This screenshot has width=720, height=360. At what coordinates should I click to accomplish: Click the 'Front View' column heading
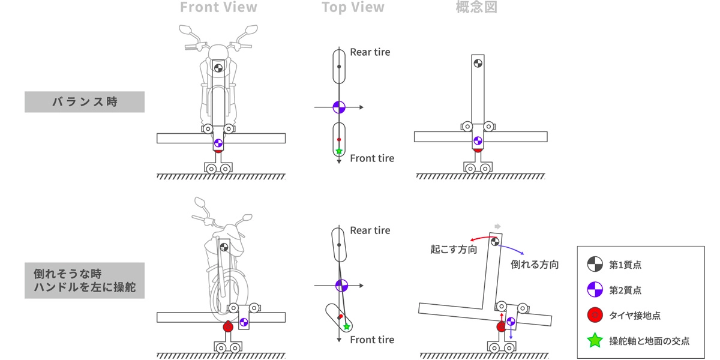tap(218, 8)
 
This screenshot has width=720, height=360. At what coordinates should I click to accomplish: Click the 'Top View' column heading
tap(353, 8)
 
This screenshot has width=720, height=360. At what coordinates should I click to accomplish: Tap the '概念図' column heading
tap(476, 8)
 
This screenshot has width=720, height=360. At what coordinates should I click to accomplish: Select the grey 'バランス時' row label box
tap(85, 101)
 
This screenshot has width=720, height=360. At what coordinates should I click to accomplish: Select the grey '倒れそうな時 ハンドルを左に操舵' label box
tap(85, 280)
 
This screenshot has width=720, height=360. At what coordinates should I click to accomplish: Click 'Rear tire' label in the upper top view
tap(370, 52)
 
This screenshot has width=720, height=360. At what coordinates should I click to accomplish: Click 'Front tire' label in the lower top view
tap(372, 340)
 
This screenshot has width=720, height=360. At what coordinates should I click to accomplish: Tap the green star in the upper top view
tap(339, 151)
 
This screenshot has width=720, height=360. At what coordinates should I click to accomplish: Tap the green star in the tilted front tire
tap(347, 326)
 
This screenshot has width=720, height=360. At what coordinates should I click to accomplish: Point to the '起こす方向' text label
tap(454, 249)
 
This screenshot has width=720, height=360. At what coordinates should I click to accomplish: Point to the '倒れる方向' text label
tap(535, 264)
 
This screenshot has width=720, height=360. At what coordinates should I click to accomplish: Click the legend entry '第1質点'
tap(625, 264)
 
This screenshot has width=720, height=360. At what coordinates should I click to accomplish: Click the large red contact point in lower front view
tap(228, 327)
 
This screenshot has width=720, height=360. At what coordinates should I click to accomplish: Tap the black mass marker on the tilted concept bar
tap(495, 242)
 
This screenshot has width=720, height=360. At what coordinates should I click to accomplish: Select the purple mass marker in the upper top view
tap(339, 107)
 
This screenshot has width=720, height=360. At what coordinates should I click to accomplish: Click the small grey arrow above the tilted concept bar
tap(497, 226)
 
